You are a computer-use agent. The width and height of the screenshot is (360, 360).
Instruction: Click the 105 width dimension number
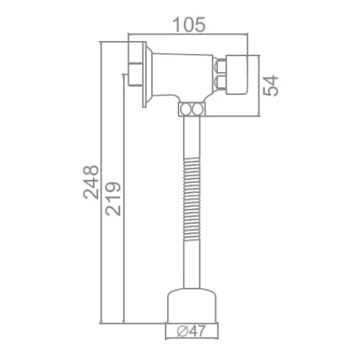(189, 24)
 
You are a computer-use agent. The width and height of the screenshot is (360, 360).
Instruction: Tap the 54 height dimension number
(271, 86)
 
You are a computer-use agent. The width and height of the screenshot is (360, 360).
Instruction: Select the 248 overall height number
(91, 182)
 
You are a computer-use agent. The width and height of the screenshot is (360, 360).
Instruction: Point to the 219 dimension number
(113, 199)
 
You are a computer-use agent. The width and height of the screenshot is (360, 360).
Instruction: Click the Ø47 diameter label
(192, 331)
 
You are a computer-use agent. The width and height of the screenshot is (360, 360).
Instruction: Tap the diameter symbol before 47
(182, 331)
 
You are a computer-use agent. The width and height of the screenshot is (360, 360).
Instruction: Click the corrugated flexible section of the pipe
(192, 199)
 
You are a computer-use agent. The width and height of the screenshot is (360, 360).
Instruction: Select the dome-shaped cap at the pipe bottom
(192, 305)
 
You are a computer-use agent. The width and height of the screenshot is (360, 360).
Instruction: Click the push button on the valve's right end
(237, 75)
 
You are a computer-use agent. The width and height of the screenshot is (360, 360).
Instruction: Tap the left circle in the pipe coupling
(185, 109)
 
